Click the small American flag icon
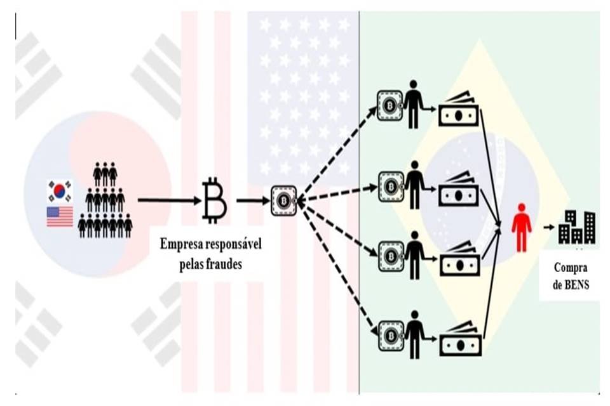[x=59, y=216]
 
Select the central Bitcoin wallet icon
[x=283, y=200]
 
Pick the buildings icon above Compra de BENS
[x=577, y=227]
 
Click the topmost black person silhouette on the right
[x=414, y=103]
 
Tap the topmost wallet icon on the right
[x=390, y=104]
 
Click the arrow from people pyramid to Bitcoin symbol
[x=168, y=200]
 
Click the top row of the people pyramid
[x=105, y=173]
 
